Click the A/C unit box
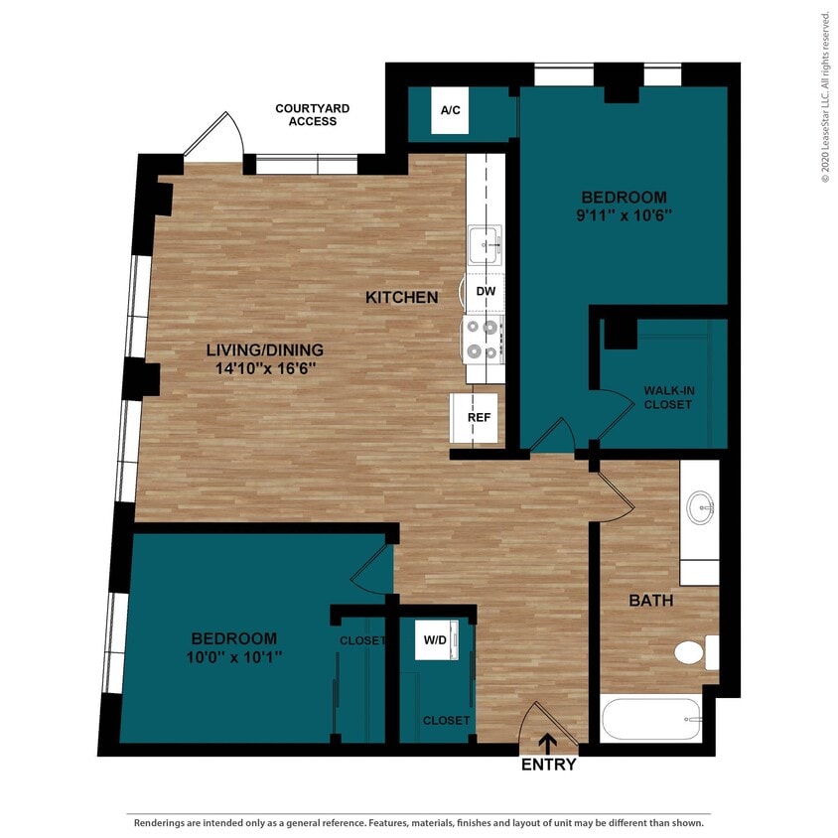[450, 111]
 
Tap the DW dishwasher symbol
[485, 291]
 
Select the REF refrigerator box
[479, 417]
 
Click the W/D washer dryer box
[435, 640]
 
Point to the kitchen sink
[485, 243]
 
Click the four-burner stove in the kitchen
[483, 338]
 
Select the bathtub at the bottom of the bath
[652, 719]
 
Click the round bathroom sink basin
[700, 508]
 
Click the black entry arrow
[546, 744]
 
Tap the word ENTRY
[548, 765]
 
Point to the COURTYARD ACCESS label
[312, 114]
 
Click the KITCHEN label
[401, 297]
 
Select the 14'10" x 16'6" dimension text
[265, 367]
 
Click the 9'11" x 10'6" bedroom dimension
[624, 214]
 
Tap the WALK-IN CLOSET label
[668, 397]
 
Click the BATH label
[651, 601]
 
